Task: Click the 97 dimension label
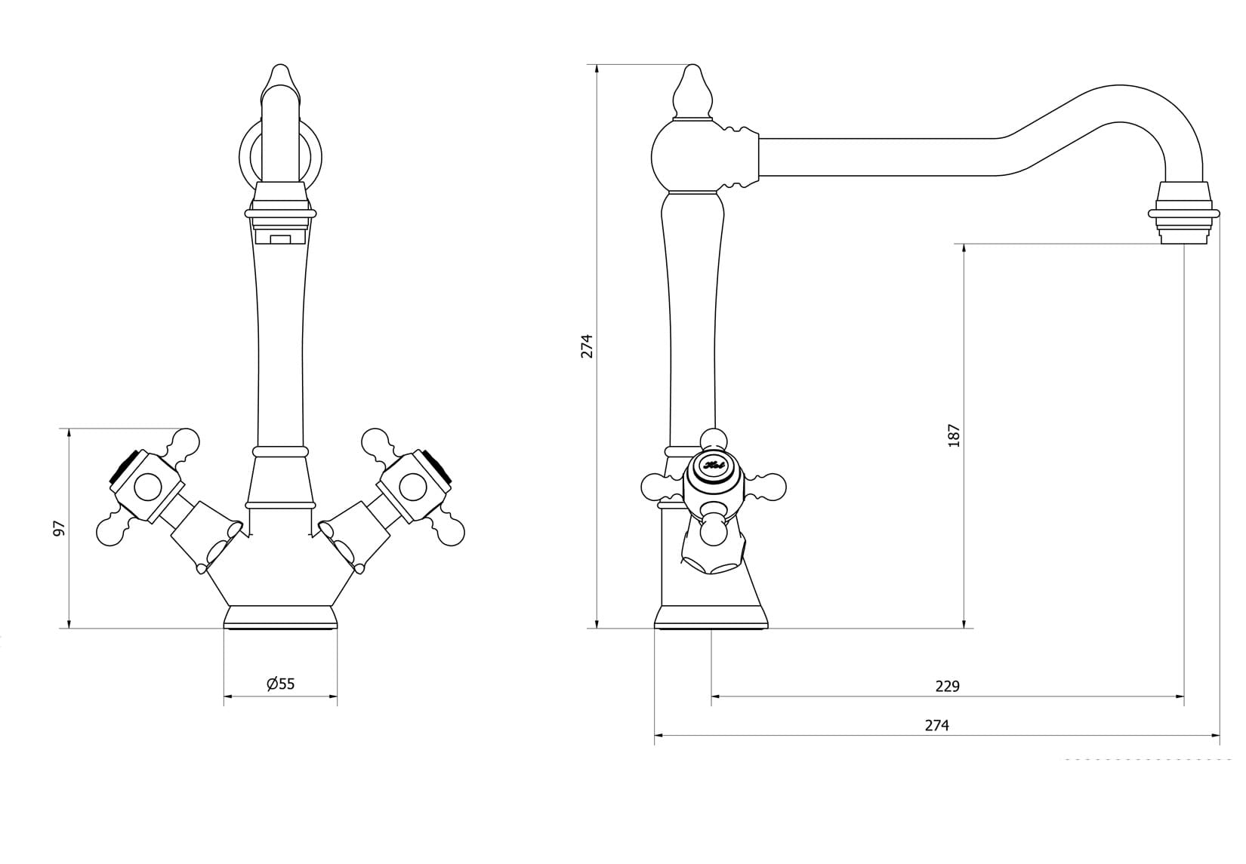click(x=59, y=528)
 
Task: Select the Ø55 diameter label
click(x=281, y=684)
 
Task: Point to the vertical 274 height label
click(x=587, y=346)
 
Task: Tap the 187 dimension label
click(x=954, y=435)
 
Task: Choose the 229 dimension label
click(x=947, y=686)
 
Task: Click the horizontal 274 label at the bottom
click(x=936, y=725)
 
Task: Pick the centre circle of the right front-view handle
click(x=413, y=487)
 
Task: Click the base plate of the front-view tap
click(x=281, y=616)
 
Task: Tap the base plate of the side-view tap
click(x=711, y=617)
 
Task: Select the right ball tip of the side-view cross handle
click(x=774, y=487)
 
